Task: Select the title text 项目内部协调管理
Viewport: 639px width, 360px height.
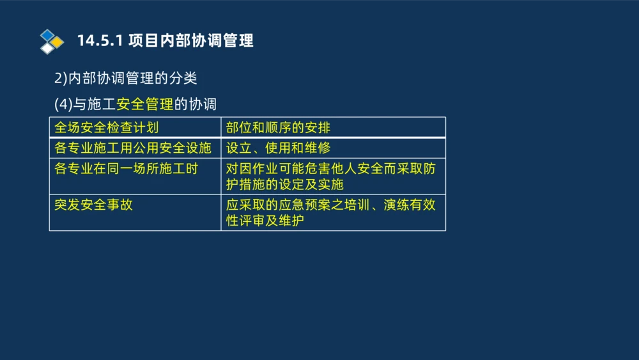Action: click(190, 41)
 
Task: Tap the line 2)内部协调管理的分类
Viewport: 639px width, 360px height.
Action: click(125, 79)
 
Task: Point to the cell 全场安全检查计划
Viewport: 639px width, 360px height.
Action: click(107, 128)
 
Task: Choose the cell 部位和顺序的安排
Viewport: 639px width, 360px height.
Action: click(279, 128)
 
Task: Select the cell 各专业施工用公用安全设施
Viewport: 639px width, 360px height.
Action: click(133, 148)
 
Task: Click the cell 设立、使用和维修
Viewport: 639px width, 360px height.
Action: click(279, 148)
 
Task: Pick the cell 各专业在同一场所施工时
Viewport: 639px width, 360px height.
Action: click(127, 169)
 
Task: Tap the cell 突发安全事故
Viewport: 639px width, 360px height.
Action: click(94, 205)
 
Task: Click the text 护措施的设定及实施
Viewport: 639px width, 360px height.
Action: click(285, 185)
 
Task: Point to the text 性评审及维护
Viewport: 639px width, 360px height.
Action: click(265, 221)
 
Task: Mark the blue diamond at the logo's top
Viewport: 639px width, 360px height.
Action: click(48, 35)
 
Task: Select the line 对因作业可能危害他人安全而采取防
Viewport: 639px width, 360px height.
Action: click(331, 169)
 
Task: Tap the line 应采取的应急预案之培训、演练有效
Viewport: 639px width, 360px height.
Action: click(331, 205)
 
